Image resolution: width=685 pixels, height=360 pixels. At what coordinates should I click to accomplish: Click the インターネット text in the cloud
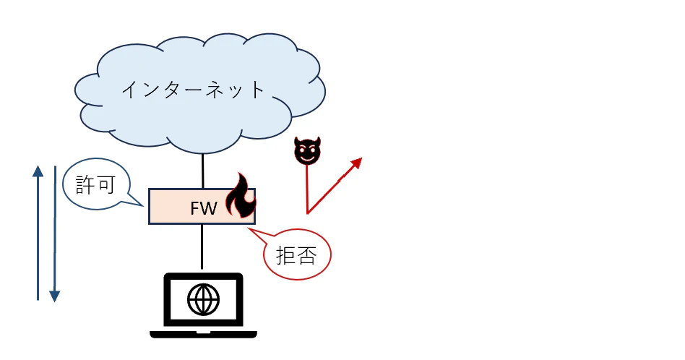193,90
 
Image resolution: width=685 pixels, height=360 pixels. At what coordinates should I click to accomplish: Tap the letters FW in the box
204,208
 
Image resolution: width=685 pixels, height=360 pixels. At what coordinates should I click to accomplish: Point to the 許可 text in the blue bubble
95,184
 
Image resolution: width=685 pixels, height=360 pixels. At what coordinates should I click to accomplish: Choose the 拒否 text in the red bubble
297,255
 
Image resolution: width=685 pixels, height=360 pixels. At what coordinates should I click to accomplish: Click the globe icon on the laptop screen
203,299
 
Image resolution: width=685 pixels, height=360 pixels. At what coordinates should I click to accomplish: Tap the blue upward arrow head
38,171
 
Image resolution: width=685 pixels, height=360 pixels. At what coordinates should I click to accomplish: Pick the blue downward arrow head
55,296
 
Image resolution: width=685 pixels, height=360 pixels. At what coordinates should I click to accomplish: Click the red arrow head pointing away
357,163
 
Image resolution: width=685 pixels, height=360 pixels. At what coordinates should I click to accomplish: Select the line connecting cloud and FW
203,171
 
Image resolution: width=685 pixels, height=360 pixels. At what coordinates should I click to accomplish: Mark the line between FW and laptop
202,247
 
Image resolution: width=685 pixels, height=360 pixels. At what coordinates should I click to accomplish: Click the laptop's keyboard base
203,335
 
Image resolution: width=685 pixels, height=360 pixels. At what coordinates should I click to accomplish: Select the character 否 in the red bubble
307,255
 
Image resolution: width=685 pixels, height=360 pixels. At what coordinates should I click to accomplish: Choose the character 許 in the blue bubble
85,184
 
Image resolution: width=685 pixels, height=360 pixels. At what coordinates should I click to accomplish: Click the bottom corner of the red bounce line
308,213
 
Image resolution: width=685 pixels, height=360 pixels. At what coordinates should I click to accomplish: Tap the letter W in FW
210,208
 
